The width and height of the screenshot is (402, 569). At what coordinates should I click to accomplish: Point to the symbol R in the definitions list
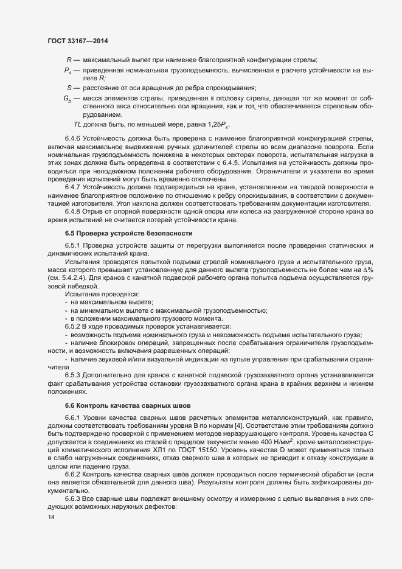coord(69,60)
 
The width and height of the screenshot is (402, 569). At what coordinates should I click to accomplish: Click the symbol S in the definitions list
coord(69,87)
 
